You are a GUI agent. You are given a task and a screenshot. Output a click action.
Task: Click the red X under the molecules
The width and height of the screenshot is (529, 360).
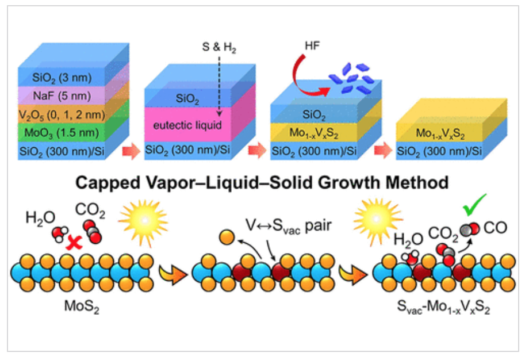(74, 245)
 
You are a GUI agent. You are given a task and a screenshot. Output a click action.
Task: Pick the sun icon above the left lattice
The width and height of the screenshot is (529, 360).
(143, 219)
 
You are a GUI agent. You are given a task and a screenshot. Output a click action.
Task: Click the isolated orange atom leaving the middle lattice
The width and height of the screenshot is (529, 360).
(227, 236)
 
